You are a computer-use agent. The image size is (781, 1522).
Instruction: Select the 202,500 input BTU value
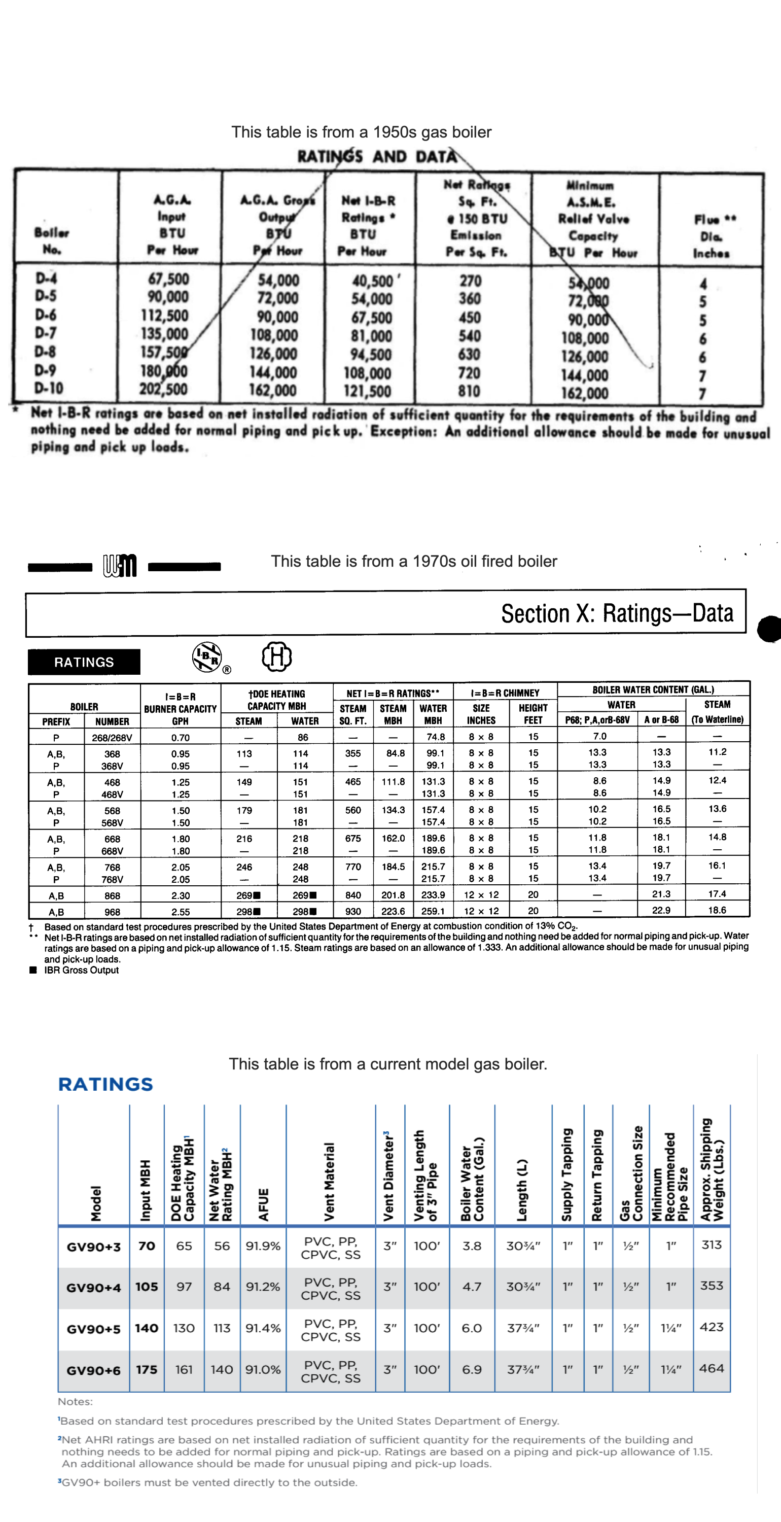point(164,389)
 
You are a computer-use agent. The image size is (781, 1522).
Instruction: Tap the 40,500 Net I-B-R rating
point(373,281)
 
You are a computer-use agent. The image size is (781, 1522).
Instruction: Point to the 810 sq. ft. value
point(470,391)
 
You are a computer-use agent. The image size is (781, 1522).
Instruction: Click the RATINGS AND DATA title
point(377,157)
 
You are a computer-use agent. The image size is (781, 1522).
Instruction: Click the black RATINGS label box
point(84,662)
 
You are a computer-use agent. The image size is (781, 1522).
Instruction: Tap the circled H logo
point(276,656)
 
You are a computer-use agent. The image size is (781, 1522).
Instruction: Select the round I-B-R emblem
point(207,657)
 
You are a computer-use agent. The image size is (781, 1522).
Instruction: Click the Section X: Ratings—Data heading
point(617,613)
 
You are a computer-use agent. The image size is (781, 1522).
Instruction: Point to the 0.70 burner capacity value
point(180,737)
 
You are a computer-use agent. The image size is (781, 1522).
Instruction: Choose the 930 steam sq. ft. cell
point(352,911)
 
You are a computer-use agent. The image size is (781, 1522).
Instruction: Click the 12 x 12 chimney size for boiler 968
point(481,911)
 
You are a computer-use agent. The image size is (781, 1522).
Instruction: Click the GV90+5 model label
point(93,1329)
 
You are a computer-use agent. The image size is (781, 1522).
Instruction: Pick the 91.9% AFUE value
point(263,1246)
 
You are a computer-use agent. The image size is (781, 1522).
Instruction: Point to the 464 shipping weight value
point(712,1368)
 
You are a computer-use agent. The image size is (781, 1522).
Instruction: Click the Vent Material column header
point(329,1181)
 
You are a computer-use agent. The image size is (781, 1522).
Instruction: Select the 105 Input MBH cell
point(147,1287)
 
